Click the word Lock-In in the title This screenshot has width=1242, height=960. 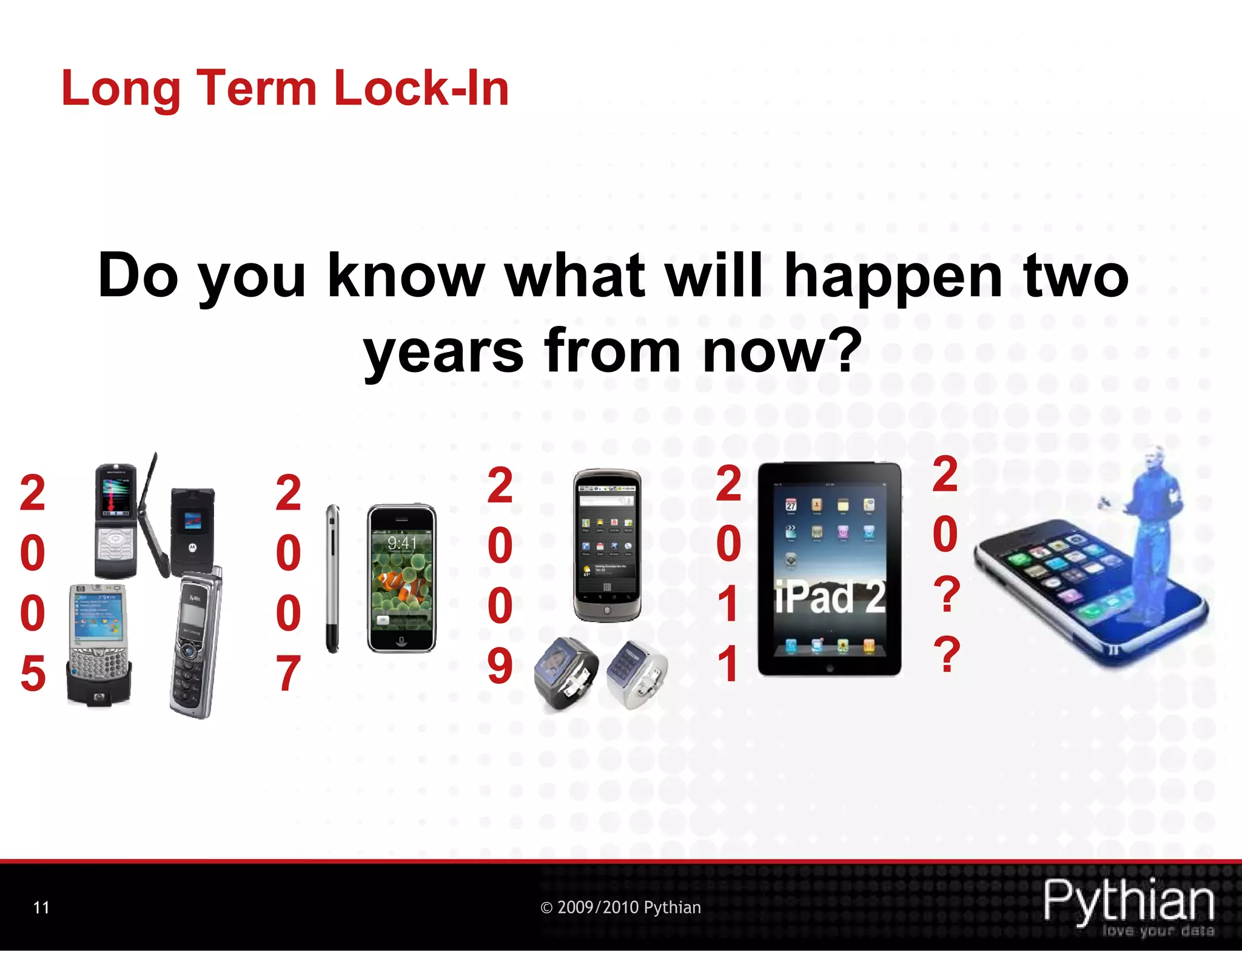pos(421,89)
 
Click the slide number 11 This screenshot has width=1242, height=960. pos(41,907)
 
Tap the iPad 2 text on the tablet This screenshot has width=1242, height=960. pos(830,598)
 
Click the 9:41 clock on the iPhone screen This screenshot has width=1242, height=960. pos(402,543)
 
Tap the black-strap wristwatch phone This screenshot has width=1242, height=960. pos(565,672)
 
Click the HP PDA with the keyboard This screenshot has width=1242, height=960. pos(99,643)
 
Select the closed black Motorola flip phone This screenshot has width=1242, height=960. pos(192,529)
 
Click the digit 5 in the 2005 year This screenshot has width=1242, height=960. pos(33,674)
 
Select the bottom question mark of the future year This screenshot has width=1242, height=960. pos(947,654)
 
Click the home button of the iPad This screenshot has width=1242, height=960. pos(830,668)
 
